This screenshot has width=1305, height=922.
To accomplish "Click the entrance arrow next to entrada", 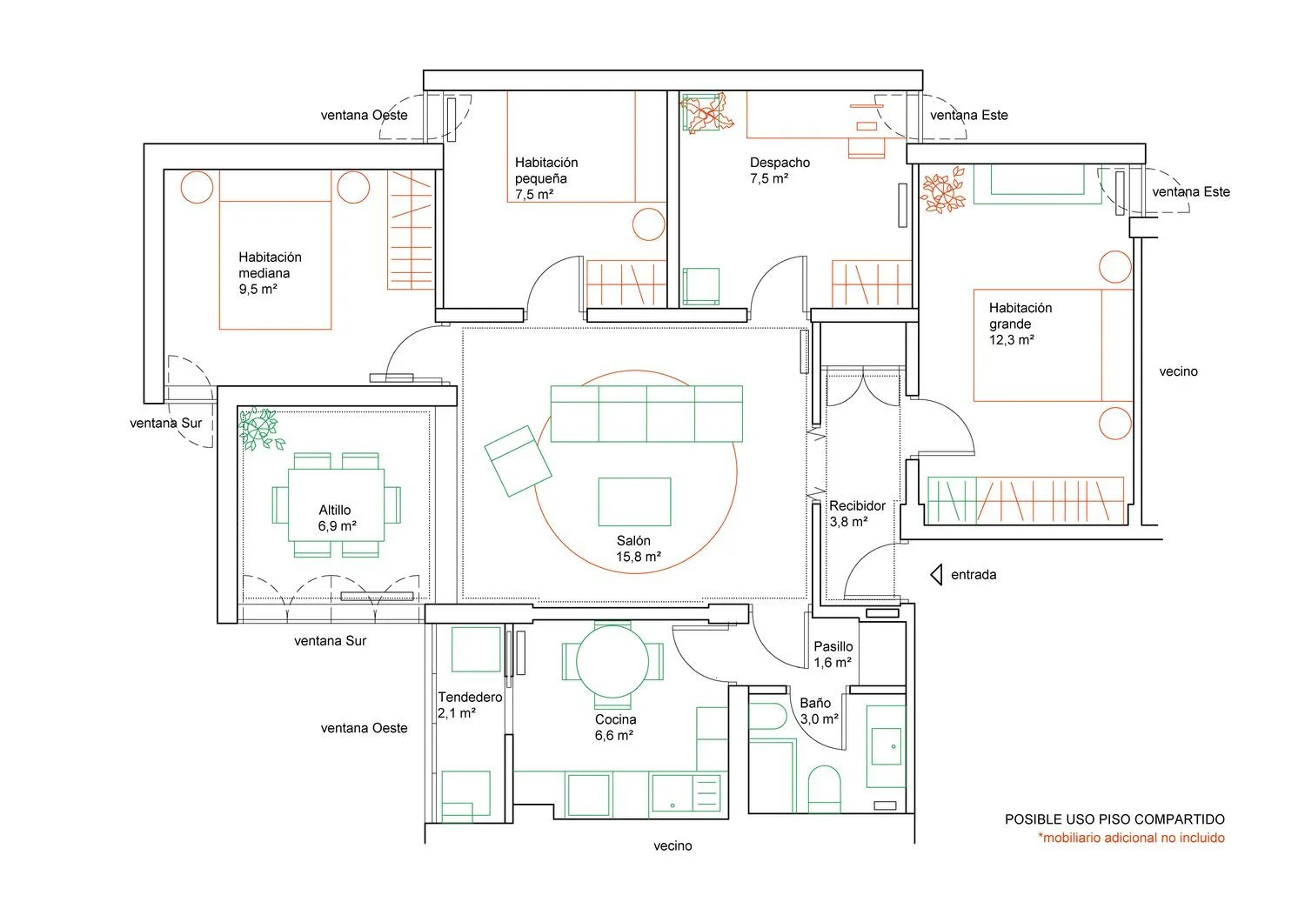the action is point(937,575).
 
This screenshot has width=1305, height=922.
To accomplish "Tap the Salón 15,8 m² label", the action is point(639,549).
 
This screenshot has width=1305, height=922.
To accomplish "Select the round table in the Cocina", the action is point(612,661).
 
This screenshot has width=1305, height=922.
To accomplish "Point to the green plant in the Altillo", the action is point(260,429).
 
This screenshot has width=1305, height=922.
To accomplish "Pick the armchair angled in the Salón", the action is point(518,461).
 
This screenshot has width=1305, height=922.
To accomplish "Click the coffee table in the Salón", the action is point(634,502).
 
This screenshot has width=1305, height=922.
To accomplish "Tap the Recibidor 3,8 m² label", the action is point(857,514).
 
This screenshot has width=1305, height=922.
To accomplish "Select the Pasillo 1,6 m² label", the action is point(833,654).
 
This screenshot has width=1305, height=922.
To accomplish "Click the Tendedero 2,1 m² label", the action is point(470,705).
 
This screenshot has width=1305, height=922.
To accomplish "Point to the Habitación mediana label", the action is point(270,265).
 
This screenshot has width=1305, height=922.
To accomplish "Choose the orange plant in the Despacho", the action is point(706,113).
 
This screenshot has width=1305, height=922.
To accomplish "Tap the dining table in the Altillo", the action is point(336,505).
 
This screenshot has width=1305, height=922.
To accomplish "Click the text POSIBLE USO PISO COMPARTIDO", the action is point(1114,819).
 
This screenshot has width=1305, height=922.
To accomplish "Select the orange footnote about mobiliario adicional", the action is point(1131,838).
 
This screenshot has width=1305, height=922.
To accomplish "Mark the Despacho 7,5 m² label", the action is point(780,170).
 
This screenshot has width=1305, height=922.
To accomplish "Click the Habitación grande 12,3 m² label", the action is point(1021,324).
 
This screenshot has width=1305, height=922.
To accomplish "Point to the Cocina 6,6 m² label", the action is point(615,727).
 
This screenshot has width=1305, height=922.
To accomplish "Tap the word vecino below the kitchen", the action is point(673,845).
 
